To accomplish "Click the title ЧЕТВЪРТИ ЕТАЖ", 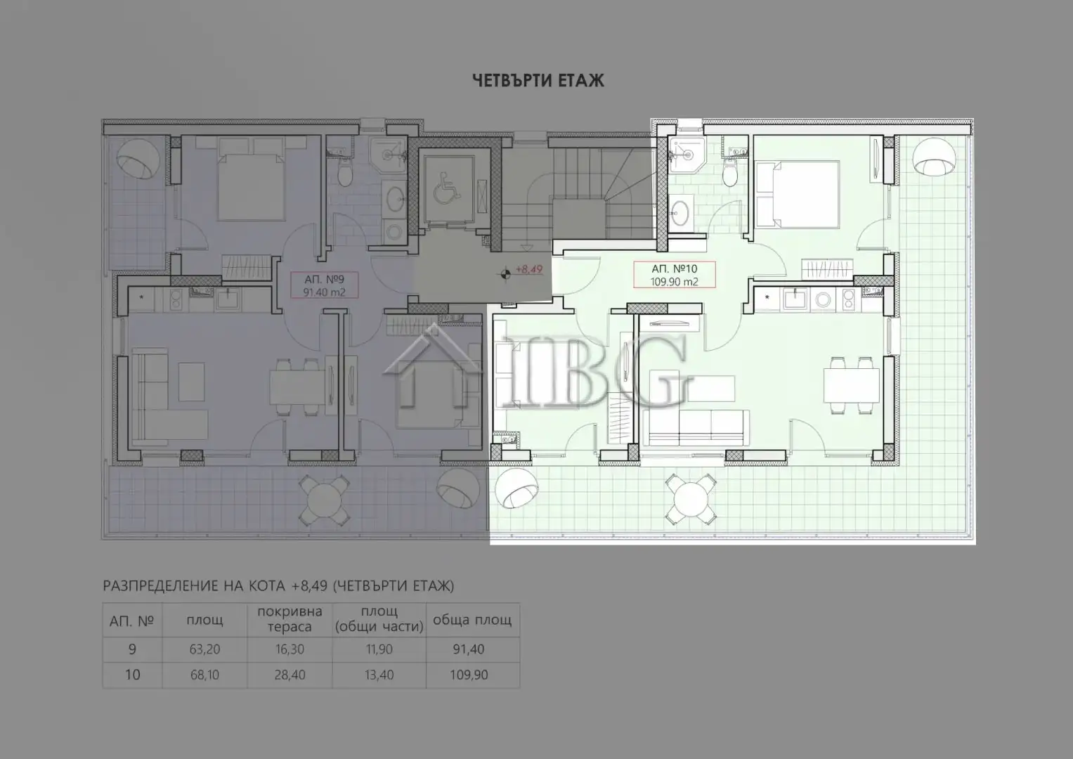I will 538,81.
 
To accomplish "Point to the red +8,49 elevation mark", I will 528,269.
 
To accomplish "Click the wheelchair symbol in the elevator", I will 444,190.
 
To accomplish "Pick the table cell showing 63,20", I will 204,649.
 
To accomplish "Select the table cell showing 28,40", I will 290,675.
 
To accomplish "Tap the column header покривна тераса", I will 290,619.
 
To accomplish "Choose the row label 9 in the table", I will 132,649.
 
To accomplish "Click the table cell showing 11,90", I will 379,649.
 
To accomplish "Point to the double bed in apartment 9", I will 251,186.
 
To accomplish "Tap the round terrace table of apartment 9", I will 325,498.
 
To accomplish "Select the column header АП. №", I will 132,621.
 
